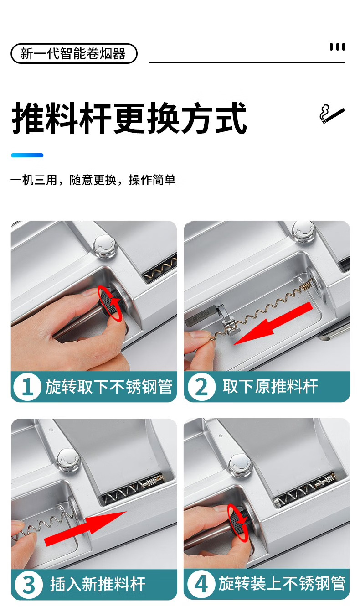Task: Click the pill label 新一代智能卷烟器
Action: pos(74,53)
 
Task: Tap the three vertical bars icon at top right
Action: pos(337,47)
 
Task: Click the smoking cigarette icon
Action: pos(332,114)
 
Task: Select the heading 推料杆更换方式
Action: pos(129,118)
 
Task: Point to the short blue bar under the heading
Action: pos(27,155)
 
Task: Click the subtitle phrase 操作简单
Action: pos(152,180)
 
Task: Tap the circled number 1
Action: pos(27,387)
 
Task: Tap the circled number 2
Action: pos(201,387)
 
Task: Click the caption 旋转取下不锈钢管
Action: pos(108,387)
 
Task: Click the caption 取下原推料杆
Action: pos(270,387)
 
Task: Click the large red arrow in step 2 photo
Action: pos(273,323)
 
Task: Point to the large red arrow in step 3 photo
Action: pos(85,529)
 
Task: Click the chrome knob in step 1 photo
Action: pos(105,246)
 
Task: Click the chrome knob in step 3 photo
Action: pos(68,460)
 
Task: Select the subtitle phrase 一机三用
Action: pos(34,180)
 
